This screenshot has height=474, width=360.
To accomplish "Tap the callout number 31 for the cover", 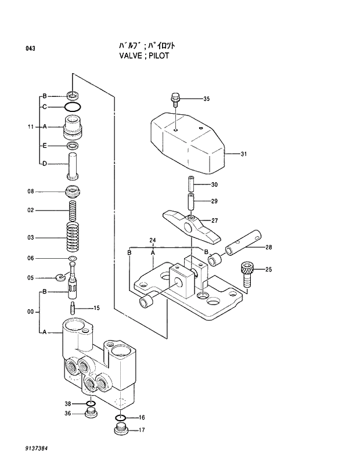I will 244,154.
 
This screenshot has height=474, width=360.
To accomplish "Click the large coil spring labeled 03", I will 73,237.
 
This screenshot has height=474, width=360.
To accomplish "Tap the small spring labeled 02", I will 73,209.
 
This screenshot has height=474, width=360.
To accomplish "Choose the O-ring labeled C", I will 73,107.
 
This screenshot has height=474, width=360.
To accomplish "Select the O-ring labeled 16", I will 120,418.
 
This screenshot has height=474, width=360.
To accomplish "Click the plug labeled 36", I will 90,414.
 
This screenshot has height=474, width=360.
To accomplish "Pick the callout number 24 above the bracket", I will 153,240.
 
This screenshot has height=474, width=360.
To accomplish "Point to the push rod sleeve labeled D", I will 73,163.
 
